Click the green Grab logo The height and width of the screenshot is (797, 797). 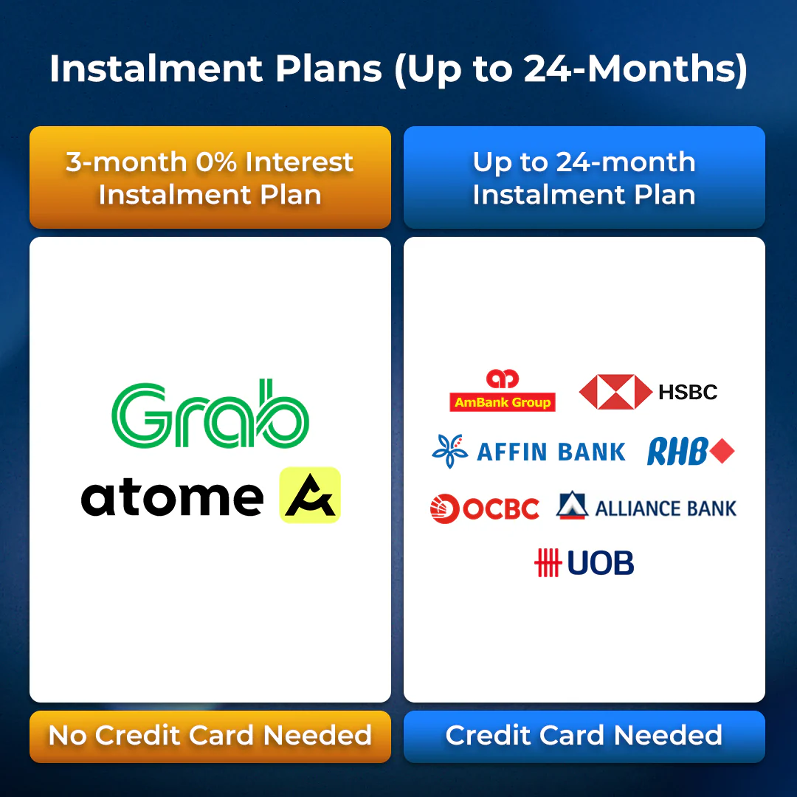pyautogui.click(x=210, y=414)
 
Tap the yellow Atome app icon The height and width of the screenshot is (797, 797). pyautogui.click(x=310, y=495)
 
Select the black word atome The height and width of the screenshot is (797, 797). pyautogui.click(x=172, y=498)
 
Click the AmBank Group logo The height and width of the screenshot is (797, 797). pyautogui.click(x=503, y=390)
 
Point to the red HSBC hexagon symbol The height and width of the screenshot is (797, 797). pyautogui.click(x=615, y=392)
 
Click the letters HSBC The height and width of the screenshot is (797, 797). pyautogui.click(x=688, y=392)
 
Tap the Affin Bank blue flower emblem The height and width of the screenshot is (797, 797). pyautogui.click(x=450, y=451)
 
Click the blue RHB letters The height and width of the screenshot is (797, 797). pyautogui.click(x=677, y=452)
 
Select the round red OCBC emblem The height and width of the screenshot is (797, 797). pyautogui.click(x=445, y=508)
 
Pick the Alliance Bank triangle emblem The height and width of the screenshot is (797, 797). pyautogui.click(x=573, y=506)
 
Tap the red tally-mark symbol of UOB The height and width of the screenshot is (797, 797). pyautogui.click(x=548, y=562)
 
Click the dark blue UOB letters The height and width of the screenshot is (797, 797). pyautogui.click(x=600, y=563)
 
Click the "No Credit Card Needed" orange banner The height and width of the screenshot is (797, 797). pyautogui.click(x=210, y=736)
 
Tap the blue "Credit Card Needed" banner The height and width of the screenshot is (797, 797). pyautogui.click(x=584, y=736)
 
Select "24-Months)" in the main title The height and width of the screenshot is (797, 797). pyautogui.click(x=635, y=69)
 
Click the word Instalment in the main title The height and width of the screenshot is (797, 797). pyautogui.click(x=156, y=69)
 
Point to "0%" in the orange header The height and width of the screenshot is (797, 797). pyautogui.click(x=216, y=162)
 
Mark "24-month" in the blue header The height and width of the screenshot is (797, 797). pyautogui.click(x=626, y=162)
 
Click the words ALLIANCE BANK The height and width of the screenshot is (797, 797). pyautogui.click(x=666, y=508)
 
